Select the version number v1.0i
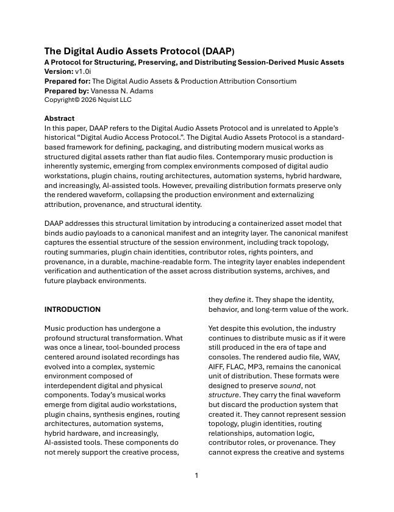(x=85, y=71)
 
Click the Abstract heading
(x=60, y=118)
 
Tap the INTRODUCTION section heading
(x=73, y=309)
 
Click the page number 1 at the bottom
(x=196, y=475)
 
